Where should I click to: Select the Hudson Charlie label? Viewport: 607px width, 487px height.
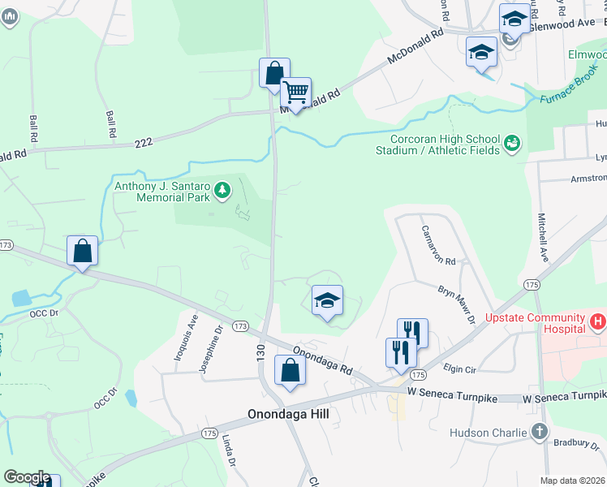click(x=489, y=433)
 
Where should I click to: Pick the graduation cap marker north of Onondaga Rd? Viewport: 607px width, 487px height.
click(x=327, y=300)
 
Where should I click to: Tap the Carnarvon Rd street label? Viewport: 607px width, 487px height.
click(x=438, y=243)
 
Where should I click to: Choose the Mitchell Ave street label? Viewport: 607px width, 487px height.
click(x=542, y=236)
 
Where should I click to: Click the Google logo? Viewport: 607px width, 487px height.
click(x=27, y=477)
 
